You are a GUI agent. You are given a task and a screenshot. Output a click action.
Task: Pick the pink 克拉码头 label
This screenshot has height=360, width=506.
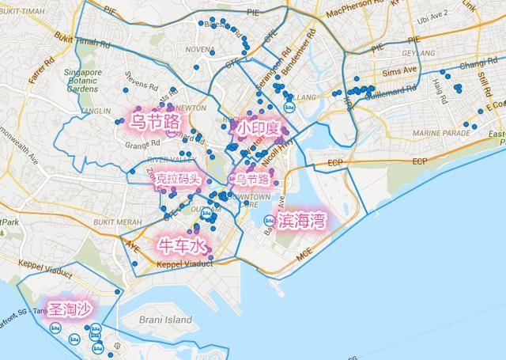tap(178, 179)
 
